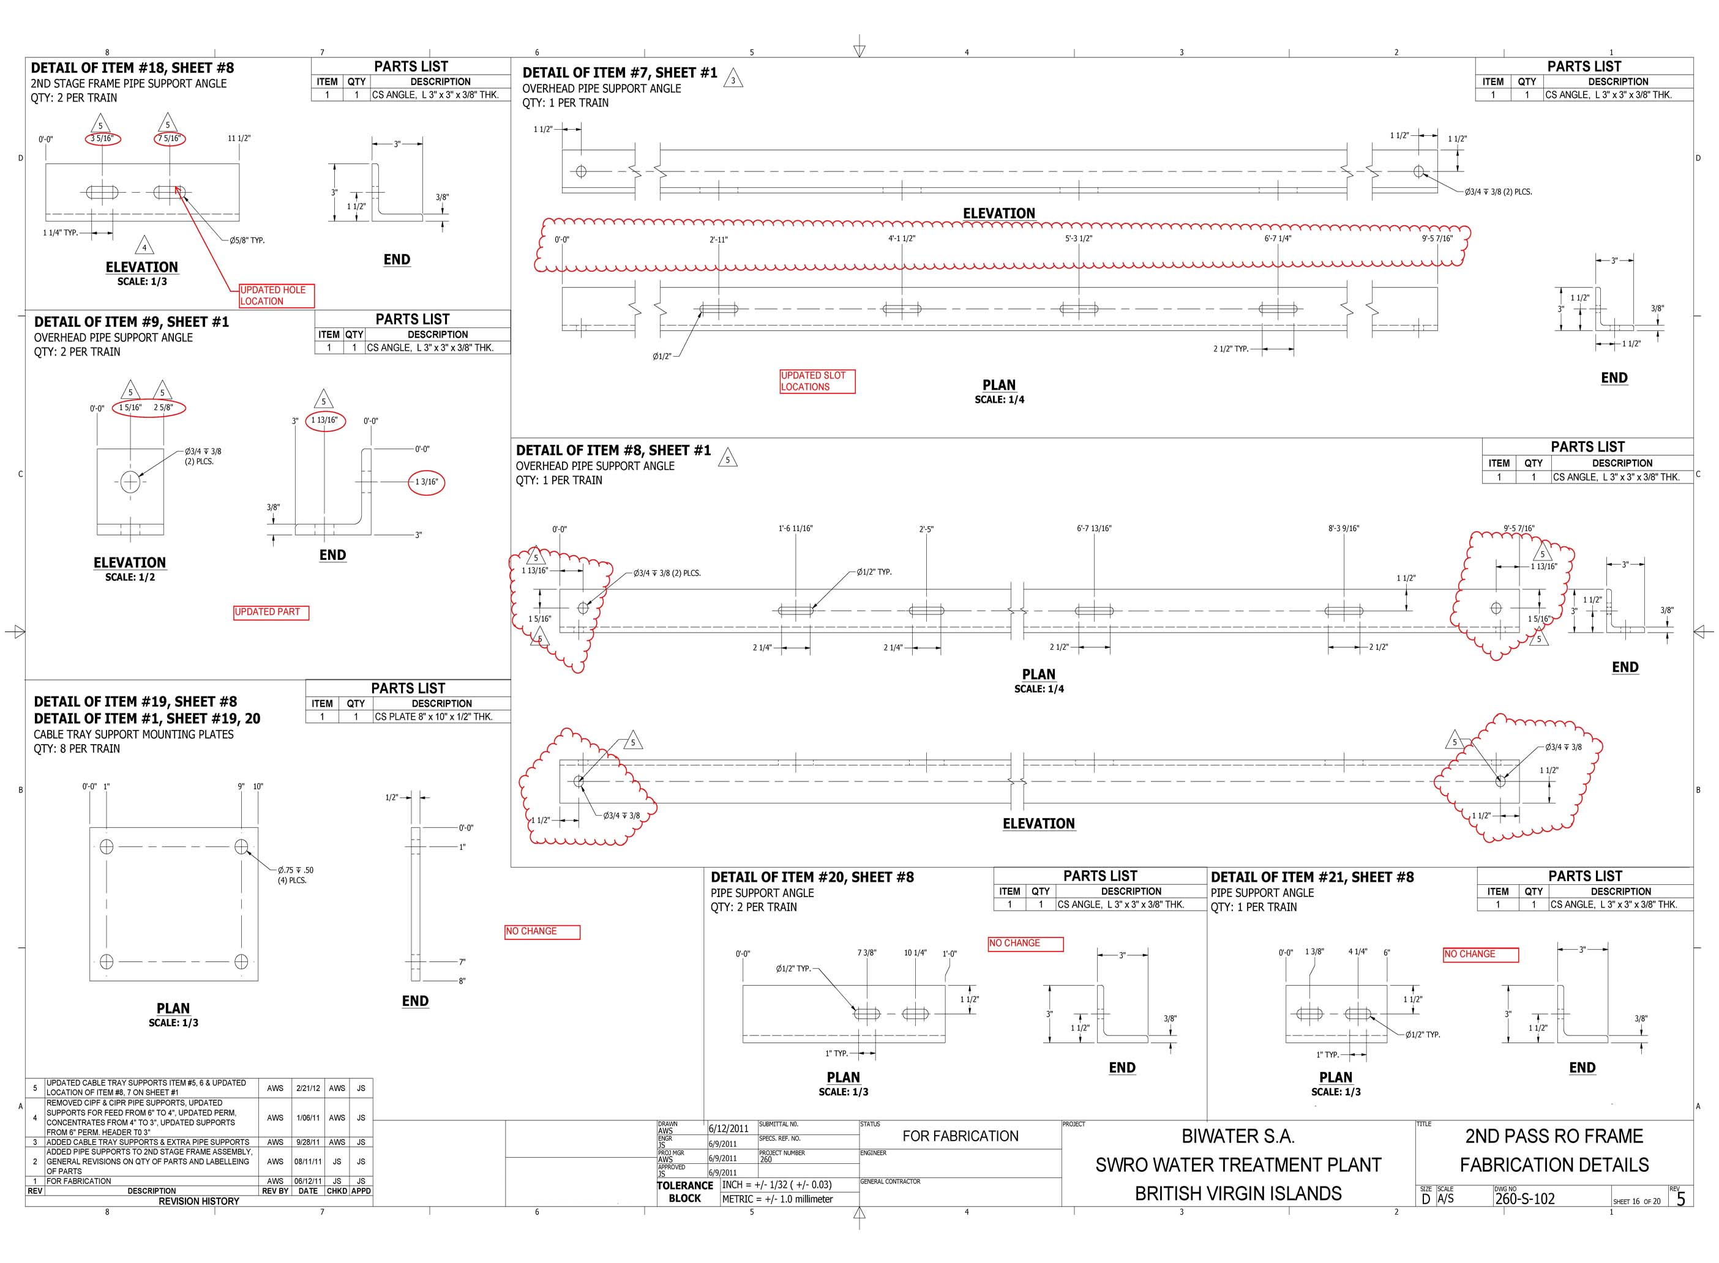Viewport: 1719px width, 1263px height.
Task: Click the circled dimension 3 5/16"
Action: (x=102, y=138)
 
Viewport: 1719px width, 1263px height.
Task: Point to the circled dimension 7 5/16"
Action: (x=170, y=138)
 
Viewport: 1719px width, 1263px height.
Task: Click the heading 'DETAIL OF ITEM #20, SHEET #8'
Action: (x=812, y=877)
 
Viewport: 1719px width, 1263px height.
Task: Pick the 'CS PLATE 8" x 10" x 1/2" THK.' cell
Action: (x=433, y=717)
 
